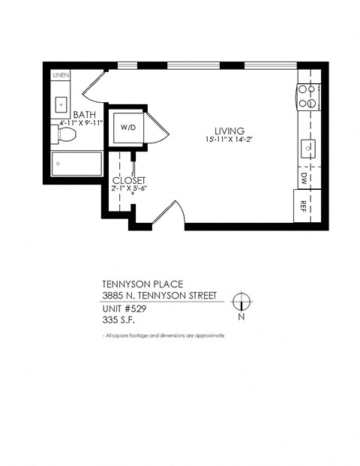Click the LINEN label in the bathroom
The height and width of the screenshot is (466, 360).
click(61, 76)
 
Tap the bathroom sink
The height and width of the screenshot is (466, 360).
click(61, 103)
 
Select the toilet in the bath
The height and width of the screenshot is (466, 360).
click(66, 135)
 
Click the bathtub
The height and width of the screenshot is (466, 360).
click(76, 164)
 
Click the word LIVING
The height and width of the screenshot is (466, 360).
click(228, 131)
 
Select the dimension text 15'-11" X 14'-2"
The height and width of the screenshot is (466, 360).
click(228, 140)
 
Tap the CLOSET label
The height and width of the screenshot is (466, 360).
click(128, 180)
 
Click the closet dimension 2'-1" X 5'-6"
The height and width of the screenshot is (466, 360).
click(128, 189)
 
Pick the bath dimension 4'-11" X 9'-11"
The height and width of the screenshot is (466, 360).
click(78, 122)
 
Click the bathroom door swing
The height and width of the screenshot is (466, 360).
click(93, 87)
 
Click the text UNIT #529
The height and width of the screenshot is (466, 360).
click(124, 308)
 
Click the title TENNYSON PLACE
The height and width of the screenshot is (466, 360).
click(137, 285)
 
